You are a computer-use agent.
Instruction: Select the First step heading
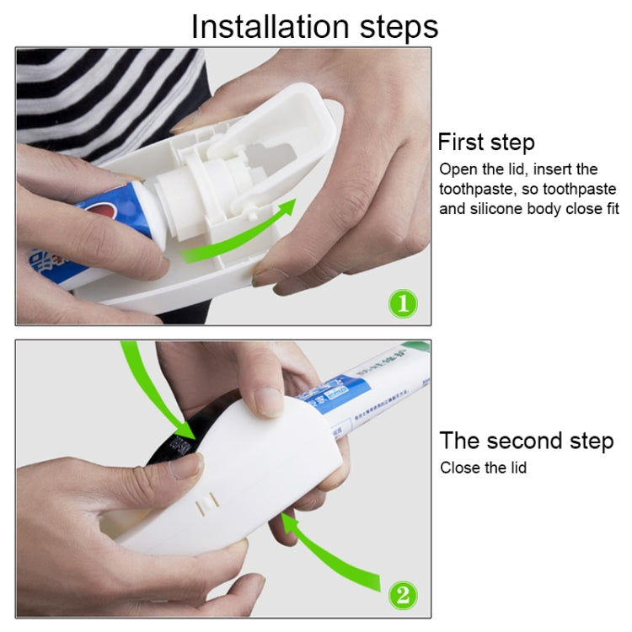pyautogui.click(x=486, y=142)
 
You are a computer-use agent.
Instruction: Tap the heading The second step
pyautogui.click(x=526, y=441)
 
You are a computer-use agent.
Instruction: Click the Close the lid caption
pyautogui.click(x=483, y=467)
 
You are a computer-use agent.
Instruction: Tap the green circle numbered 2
pyautogui.click(x=401, y=596)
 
